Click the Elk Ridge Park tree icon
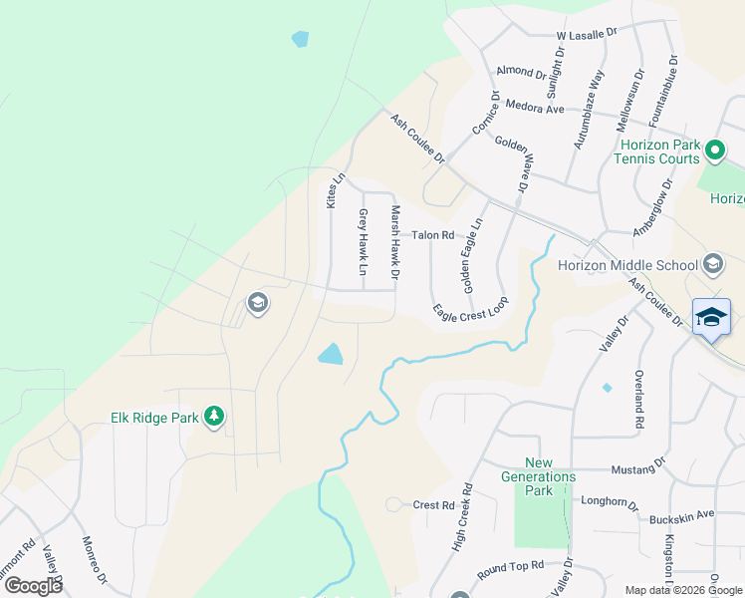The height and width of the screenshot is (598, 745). pos(213,417)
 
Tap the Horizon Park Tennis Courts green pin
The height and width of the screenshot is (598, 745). pos(714,152)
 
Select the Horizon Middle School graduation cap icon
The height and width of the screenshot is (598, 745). pos(712,264)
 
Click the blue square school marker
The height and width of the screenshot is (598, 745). pos(711,318)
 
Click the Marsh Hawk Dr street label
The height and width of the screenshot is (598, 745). pos(394,242)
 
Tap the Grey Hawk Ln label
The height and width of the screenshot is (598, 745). pos(364,243)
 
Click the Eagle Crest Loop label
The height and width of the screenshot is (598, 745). pos(471,310)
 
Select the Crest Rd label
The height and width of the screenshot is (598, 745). pos(433,505)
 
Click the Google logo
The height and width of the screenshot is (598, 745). pos(34,586)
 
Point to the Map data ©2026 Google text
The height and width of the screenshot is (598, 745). pos(682,590)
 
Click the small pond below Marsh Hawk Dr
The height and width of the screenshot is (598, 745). pos(331,353)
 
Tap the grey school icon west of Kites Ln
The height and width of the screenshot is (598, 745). pos(257,303)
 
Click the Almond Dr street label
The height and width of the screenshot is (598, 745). pos(521,73)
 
